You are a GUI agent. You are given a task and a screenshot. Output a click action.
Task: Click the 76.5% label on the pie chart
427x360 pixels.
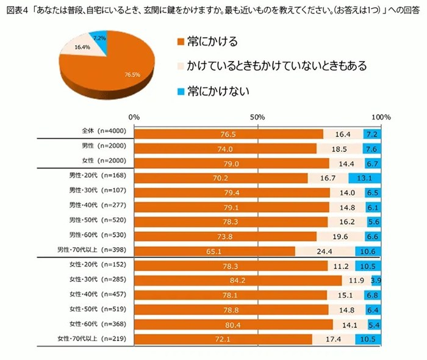click(x=132, y=74)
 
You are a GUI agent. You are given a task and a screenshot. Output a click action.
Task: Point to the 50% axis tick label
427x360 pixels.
click(x=257, y=117)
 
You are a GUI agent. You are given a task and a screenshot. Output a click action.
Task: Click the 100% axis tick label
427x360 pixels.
click(x=381, y=117)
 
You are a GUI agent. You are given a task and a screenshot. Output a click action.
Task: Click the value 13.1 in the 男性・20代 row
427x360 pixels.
click(x=365, y=178)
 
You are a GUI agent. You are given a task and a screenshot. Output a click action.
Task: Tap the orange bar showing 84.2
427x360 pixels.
click(x=238, y=280)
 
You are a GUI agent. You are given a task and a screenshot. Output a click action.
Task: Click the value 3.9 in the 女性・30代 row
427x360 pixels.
click(x=376, y=280)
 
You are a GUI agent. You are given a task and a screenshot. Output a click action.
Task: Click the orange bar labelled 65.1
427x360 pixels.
click(x=215, y=251)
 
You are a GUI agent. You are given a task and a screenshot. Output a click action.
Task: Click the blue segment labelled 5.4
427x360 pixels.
click(x=373, y=324)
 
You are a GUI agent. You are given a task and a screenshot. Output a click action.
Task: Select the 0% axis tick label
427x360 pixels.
click(x=135, y=117)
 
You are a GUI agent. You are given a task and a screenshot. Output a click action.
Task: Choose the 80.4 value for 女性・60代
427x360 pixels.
click(x=234, y=324)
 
